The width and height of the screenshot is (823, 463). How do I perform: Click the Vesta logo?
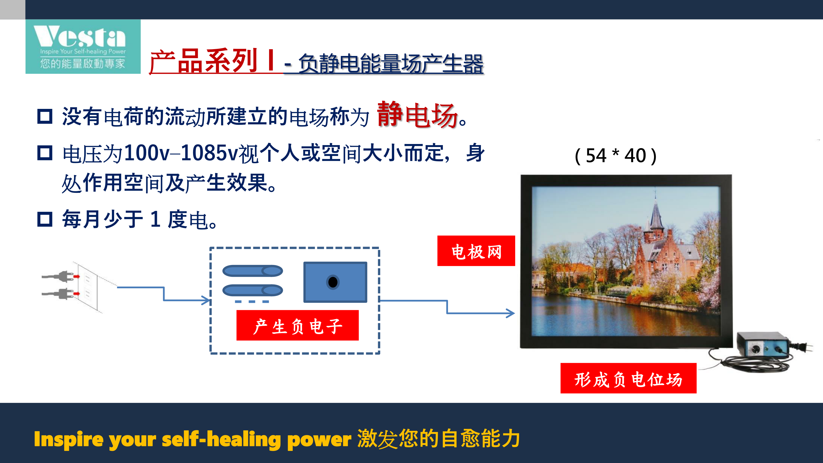[x=83, y=47]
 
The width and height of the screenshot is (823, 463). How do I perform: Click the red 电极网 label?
[x=476, y=251]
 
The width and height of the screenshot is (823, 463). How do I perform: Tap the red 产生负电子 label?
[x=297, y=325]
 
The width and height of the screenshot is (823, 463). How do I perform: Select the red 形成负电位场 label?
[x=628, y=378]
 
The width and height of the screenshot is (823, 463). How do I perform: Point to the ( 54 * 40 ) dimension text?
[x=616, y=156]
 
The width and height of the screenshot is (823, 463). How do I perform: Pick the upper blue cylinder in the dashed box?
[x=252, y=271]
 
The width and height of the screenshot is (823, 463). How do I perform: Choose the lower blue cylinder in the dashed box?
[x=252, y=290]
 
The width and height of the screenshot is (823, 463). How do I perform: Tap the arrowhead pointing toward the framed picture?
[x=510, y=313]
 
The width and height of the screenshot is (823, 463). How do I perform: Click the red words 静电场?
[x=417, y=115]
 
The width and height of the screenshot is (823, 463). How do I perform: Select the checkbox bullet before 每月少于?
[x=45, y=219]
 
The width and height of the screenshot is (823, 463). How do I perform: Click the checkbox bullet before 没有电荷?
[x=45, y=116]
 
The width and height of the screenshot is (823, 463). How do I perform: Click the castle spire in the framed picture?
[x=656, y=211]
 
